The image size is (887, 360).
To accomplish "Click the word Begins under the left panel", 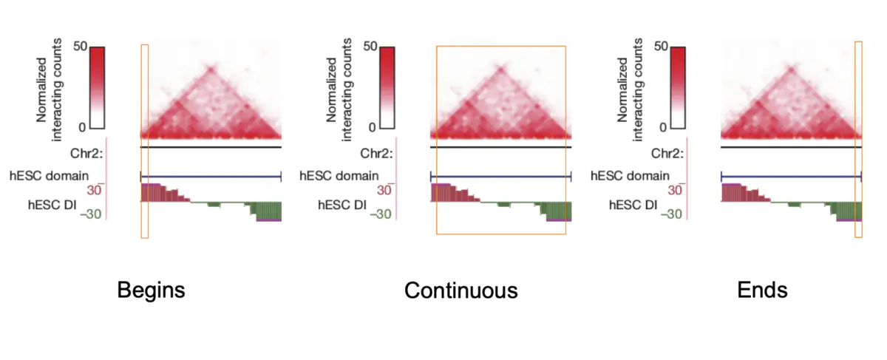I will coord(151,291).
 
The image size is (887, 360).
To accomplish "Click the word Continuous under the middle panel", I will coord(461,291).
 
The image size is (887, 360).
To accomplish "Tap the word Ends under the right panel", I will coord(762,291).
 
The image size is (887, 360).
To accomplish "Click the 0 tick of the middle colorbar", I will coord(373,128).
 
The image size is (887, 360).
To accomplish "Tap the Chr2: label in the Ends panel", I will coord(665,154).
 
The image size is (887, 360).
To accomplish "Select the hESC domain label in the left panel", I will coord(49,176).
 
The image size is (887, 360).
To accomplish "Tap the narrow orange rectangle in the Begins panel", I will coord(144,140).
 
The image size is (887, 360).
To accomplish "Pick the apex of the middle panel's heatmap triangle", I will coord(500,69).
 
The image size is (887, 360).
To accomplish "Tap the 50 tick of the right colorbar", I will coord(661,47).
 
